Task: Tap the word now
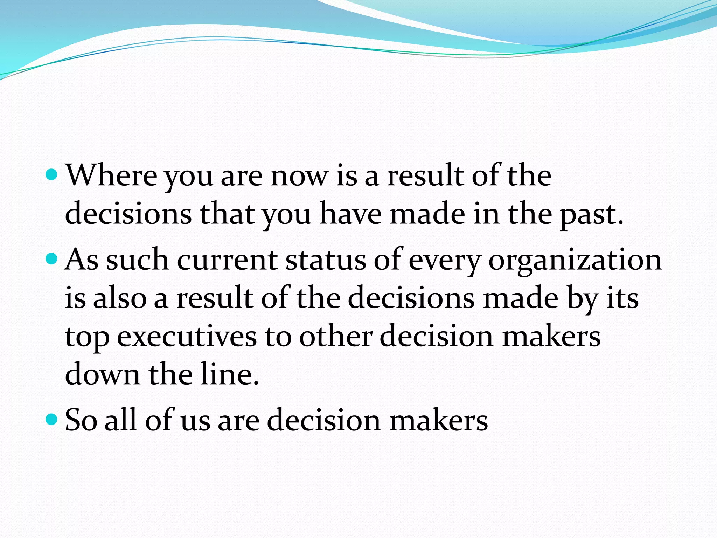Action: click(300, 176)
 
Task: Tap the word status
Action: click(326, 261)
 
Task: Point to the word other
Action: click(336, 336)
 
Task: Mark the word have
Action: click(350, 214)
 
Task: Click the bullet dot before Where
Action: click(51, 174)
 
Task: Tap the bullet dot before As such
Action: click(51, 259)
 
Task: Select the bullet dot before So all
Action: click(51, 419)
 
